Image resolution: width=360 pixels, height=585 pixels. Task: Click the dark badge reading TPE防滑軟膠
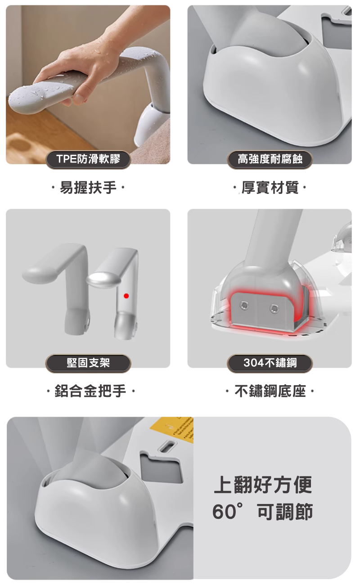[88, 159]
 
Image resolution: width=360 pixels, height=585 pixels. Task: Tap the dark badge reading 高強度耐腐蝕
[270, 159]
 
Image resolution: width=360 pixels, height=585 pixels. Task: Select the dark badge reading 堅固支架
[88, 363]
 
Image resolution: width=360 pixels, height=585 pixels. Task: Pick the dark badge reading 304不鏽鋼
[270, 363]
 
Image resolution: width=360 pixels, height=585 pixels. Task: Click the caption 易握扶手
[88, 187]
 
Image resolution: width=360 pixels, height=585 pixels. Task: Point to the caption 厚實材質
[270, 187]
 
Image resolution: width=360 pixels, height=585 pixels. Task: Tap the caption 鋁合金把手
[90, 391]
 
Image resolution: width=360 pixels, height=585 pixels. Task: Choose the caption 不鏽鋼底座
[270, 391]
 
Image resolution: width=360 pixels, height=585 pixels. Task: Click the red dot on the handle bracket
[126, 296]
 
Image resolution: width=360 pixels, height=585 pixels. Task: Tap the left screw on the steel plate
[244, 305]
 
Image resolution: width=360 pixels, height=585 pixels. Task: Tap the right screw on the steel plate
[274, 308]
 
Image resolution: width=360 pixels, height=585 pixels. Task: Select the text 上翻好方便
[263, 485]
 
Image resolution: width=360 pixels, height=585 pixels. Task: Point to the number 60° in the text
[228, 512]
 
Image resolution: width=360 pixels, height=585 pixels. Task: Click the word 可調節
[285, 512]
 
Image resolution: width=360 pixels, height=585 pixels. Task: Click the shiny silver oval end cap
[103, 280]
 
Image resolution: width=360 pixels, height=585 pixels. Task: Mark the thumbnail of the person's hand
[79, 98]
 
